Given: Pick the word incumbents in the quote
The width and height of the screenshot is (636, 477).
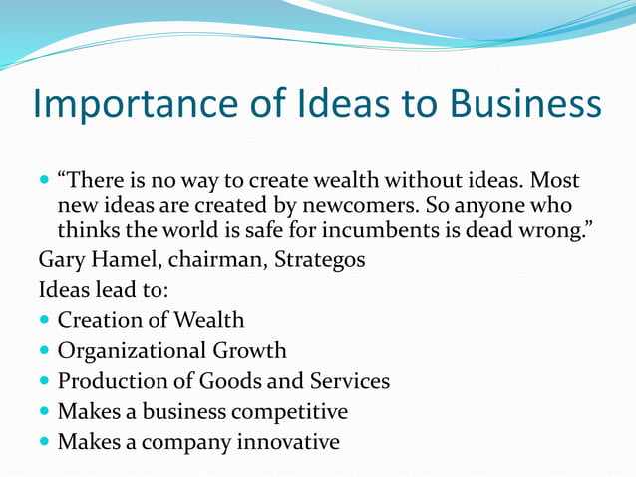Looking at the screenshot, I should pyautogui.click(x=370, y=232).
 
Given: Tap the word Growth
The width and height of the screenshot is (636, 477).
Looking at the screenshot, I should pyautogui.click(x=249, y=351).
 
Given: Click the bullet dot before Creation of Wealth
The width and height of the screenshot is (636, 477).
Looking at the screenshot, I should pyautogui.click(x=44, y=321).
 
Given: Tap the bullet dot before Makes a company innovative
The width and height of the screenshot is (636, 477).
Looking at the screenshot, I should pyautogui.click(x=44, y=441).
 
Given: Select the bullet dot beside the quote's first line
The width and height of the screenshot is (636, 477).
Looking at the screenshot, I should pyautogui.click(x=44, y=183).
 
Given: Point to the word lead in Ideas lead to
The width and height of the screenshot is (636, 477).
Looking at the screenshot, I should pyautogui.click(x=106, y=291).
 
